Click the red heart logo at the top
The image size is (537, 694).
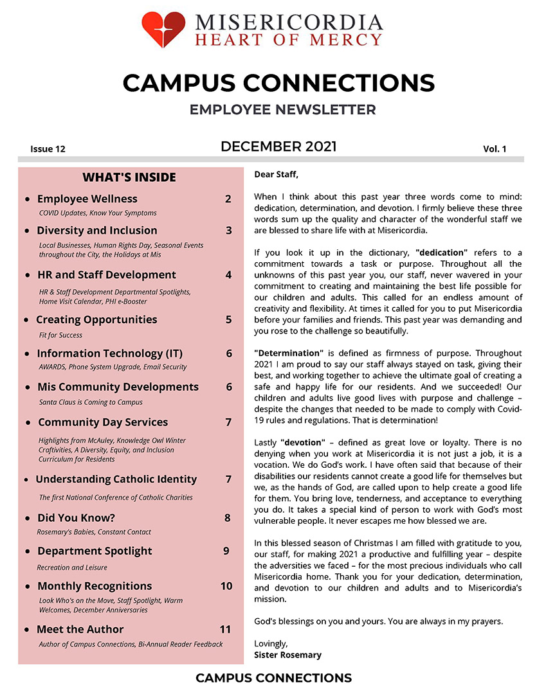tap(163, 29)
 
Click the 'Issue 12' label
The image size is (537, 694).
tap(48, 149)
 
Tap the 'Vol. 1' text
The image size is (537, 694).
tap(495, 149)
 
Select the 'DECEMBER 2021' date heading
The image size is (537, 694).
tap(278, 147)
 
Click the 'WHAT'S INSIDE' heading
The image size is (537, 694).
tap(129, 177)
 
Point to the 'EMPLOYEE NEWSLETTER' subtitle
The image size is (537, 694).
tap(282, 110)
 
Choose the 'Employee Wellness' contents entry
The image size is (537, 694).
tap(87, 199)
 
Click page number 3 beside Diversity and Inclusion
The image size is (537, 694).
tap(228, 231)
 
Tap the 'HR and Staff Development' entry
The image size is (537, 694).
tap(106, 275)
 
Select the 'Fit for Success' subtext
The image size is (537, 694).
tap(60, 335)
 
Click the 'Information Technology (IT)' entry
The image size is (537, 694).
tap(110, 353)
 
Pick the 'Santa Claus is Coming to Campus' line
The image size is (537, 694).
tap(91, 402)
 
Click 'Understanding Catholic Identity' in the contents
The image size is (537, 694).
tap(116, 479)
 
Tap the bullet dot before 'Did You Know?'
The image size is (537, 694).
tap(27, 519)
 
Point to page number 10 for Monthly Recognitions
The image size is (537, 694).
tap(226, 586)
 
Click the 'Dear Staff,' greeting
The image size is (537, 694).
tap(277, 174)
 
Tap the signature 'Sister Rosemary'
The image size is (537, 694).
tap(287, 655)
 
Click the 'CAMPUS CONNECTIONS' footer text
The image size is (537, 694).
tap(273, 678)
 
